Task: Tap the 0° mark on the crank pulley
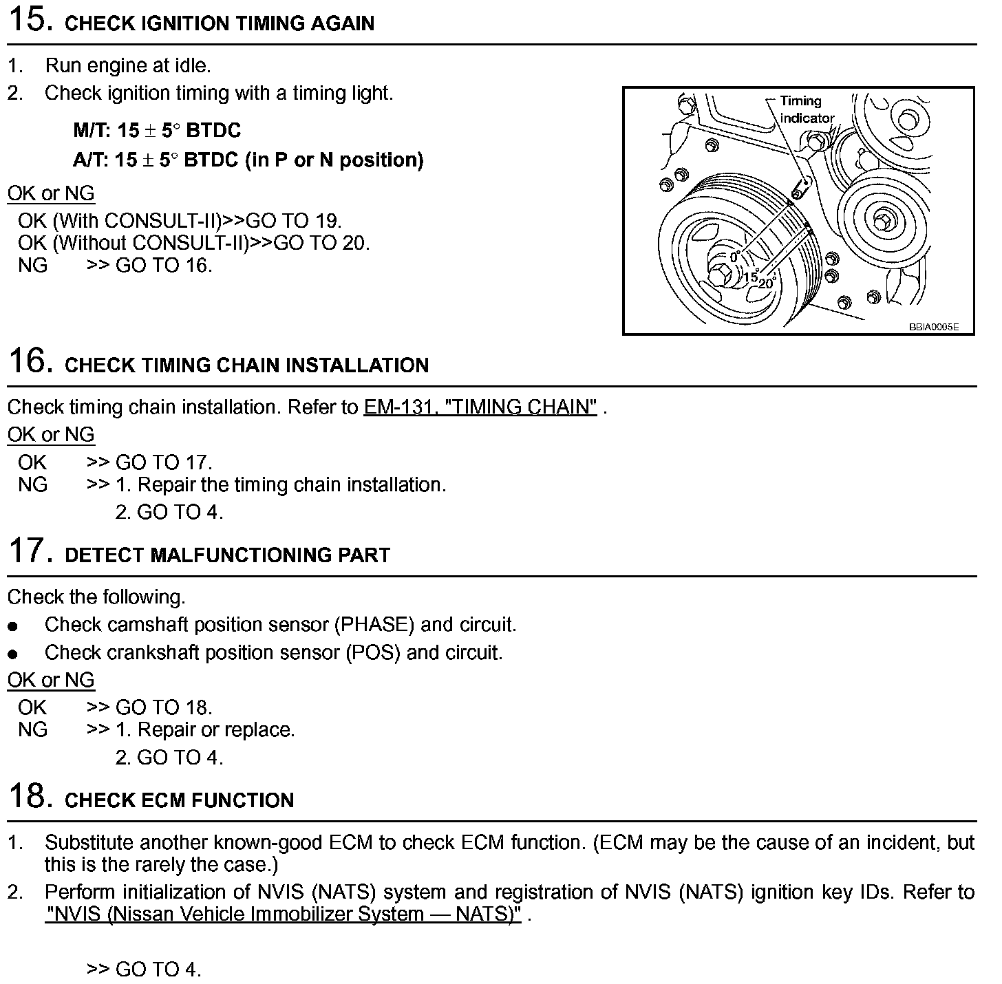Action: click(734, 257)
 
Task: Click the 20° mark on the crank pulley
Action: click(767, 282)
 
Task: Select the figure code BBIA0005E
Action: click(933, 328)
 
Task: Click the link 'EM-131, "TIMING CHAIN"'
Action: click(480, 407)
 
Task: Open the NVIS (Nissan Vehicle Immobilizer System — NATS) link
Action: click(283, 914)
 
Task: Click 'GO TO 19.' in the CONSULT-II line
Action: click(294, 221)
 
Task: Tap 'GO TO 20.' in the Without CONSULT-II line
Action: click(321, 243)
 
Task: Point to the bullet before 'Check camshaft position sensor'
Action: click(12, 626)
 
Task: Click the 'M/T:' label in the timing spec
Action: click(92, 131)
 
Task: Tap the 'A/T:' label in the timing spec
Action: click(92, 160)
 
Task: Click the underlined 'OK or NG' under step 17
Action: click(51, 680)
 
